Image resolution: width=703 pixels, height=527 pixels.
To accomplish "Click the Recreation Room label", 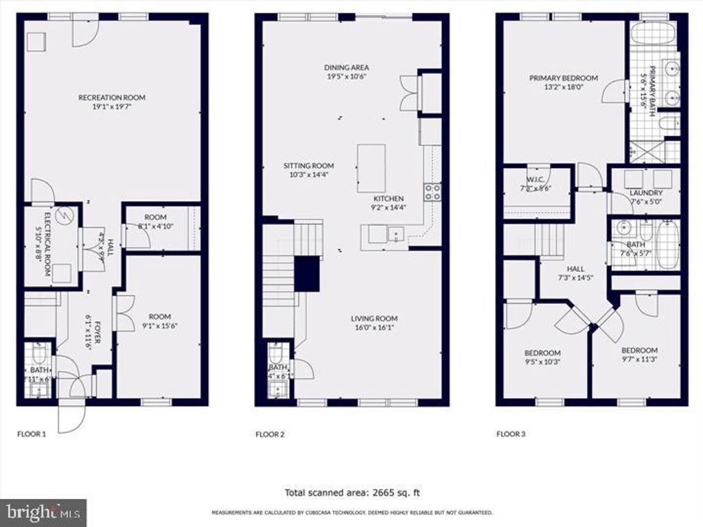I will pyautogui.click(x=111, y=97).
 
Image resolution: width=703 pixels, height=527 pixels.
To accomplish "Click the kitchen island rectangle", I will pyautogui.click(x=370, y=168).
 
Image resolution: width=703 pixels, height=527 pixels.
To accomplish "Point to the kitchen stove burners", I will pyautogui.click(x=432, y=192).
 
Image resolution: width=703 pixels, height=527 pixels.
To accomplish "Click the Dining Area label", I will pyautogui.click(x=347, y=67).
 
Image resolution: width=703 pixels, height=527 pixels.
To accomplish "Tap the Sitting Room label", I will pyautogui.click(x=309, y=165).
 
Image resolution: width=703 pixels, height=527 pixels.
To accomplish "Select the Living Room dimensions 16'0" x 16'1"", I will pyautogui.click(x=374, y=328).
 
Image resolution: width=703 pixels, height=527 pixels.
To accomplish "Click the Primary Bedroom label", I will pyautogui.click(x=563, y=78).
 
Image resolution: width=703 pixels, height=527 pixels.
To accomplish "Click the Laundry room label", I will pyautogui.click(x=645, y=193).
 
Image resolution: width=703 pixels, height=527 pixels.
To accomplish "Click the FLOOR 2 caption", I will pyautogui.click(x=270, y=434).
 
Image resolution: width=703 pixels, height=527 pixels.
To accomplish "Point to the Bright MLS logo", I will pyautogui.click(x=43, y=512).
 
